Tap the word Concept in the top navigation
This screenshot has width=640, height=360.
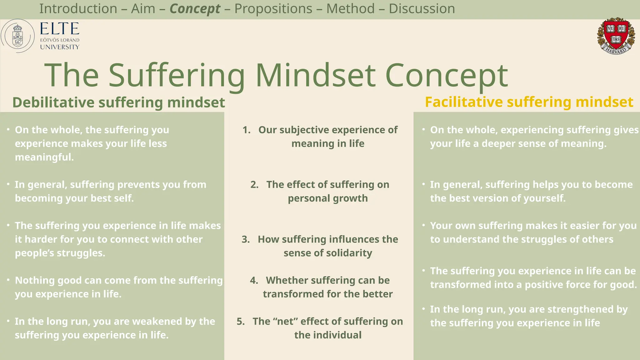195,9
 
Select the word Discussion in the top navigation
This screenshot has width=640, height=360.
422,9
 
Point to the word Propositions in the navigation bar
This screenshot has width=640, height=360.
273,9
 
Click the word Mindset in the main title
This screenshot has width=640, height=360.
315,76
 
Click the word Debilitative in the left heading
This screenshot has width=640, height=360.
53,102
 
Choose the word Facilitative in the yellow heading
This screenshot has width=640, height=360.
464,102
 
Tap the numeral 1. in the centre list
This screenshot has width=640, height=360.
247,130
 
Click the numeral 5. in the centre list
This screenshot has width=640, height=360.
241,322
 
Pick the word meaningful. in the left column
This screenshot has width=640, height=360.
44,157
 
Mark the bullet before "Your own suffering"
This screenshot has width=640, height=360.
423,225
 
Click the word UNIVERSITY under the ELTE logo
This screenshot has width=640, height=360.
60,47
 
